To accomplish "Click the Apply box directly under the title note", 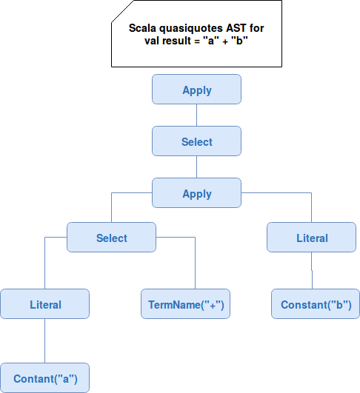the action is (197, 90).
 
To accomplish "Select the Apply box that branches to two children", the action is (197, 192).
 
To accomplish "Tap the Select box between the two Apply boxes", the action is (197, 141).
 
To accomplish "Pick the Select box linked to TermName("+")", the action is (111, 237).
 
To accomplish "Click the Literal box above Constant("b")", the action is (311, 237).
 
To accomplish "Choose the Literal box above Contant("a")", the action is (45, 303).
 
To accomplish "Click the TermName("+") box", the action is (185, 303).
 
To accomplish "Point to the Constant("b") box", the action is (316, 303).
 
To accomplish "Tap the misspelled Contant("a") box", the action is (45, 377).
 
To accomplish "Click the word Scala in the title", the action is (142, 28).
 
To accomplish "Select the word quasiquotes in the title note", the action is (191, 29).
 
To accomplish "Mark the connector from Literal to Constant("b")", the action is (312, 270).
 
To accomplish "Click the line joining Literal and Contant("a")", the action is (45, 341).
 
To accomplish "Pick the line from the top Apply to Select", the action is (197, 115).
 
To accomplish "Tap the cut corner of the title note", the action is (122, 12).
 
